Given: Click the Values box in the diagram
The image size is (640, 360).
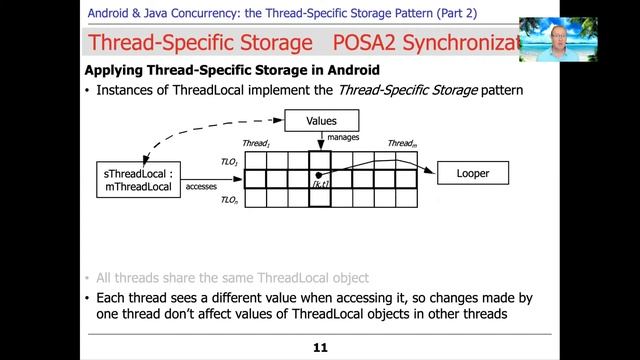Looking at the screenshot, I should point(321,122).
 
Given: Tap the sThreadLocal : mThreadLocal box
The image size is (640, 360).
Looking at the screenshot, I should point(135,180).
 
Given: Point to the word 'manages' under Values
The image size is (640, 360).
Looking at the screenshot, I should point(344,138).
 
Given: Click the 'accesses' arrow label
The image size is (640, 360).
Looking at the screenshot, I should point(206,185).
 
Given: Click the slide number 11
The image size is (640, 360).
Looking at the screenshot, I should point(320,348).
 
